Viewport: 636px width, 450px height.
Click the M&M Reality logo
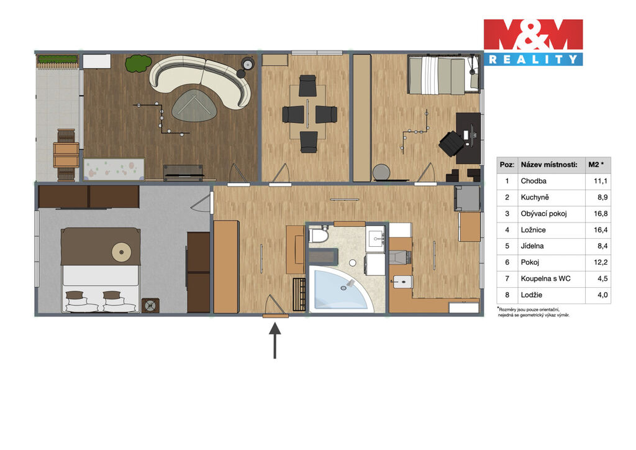click(533, 42)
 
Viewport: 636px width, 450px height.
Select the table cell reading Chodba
click(534, 181)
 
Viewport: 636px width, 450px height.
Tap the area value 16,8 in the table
click(601, 213)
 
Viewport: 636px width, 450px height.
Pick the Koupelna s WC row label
click(545, 278)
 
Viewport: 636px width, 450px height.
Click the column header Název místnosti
click(549, 165)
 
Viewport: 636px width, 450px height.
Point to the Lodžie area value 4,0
click(602, 295)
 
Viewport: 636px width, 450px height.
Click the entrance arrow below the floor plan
click(275, 340)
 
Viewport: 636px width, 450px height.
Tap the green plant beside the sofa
click(138, 64)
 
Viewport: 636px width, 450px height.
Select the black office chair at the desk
click(451, 143)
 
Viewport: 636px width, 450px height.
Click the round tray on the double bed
click(121, 252)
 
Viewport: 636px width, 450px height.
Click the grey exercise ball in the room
click(381, 172)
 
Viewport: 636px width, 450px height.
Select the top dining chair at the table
click(307, 85)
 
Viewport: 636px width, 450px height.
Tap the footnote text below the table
click(534, 311)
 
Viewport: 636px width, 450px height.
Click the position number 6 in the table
click(507, 262)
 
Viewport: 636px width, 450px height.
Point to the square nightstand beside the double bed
click(150, 305)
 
